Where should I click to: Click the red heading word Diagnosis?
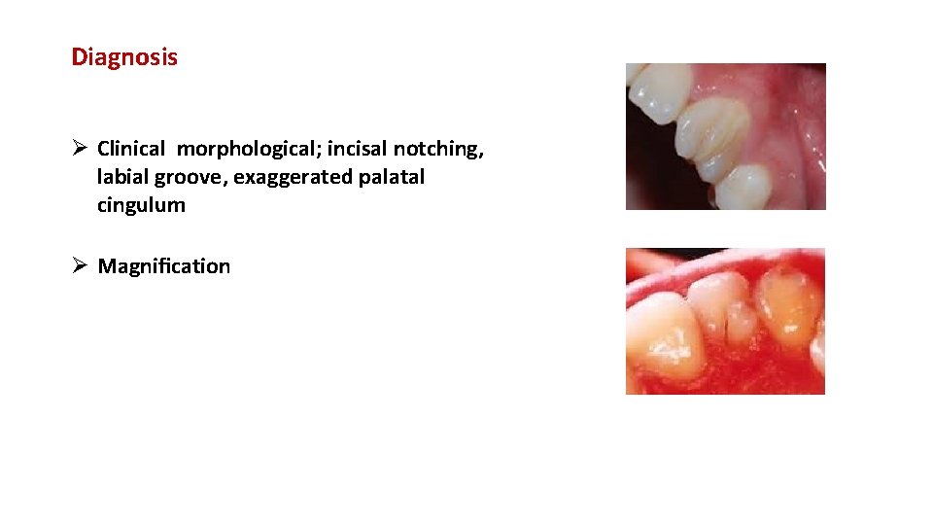[124, 57]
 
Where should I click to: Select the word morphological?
[248, 149]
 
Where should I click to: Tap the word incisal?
[357, 149]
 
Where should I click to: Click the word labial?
[122, 178]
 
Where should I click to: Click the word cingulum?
[141, 206]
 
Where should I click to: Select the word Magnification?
[164, 266]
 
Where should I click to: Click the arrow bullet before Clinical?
[81, 149]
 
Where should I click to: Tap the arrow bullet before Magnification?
[81, 266]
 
